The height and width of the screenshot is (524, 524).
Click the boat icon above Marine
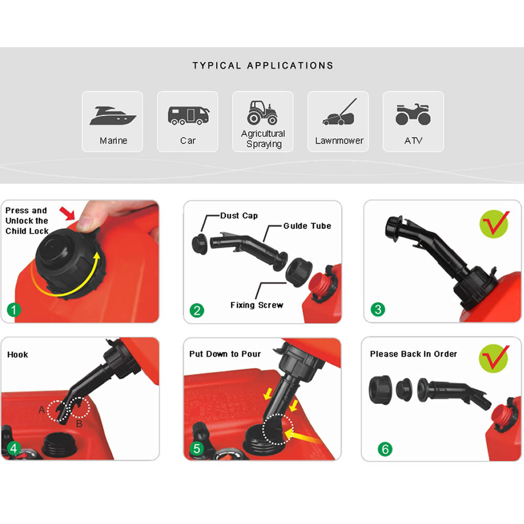[x=113, y=116]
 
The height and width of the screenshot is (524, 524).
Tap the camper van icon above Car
[x=189, y=116]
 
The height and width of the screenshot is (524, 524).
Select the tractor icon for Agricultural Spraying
[x=263, y=113]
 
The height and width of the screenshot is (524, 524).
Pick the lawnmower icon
[x=339, y=112]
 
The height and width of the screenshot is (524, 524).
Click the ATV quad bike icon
[x=413, y=114]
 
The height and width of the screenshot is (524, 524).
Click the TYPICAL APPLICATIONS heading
[x=263, y=65]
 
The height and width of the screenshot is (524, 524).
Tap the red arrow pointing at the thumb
[x=67, y=213]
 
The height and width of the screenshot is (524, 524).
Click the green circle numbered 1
[x=14, y=310]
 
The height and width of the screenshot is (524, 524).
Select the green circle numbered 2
[x=197, y=310]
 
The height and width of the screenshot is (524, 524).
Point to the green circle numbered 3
[x=378, y=309]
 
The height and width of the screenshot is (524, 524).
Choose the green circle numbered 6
[x=385, y=449]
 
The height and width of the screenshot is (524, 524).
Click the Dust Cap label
[x=239, y=216]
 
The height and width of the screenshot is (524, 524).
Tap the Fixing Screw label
[x=257, y=305]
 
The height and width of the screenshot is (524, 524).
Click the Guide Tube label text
[x=307, y=226]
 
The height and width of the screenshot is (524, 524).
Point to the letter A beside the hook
[x=42, y=410]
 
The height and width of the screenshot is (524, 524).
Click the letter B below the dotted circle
[x=79, y=424]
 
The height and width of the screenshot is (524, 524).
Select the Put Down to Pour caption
[x=225, y=354]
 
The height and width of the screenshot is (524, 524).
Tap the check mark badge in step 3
[x=494, y=224]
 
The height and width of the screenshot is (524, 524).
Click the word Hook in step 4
[x=18, y=355]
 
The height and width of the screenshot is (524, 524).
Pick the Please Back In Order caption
[x=413, y=354]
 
